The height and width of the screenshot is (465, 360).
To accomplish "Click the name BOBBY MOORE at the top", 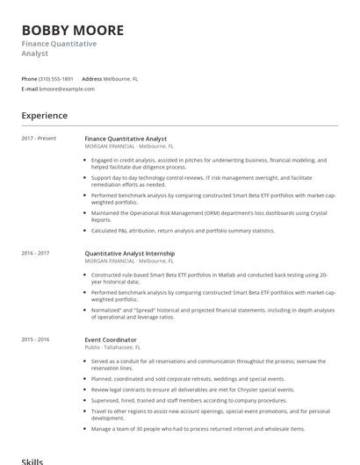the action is coord(73,30).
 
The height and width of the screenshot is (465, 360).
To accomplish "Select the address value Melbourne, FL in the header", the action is coord(120,79).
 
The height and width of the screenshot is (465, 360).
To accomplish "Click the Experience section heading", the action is coord(44,116).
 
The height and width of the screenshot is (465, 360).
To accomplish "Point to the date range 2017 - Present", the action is coord(40,139).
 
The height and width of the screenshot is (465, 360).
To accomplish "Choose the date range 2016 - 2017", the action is coord(35,253).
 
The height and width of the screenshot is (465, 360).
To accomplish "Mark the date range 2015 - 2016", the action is coord(35,340).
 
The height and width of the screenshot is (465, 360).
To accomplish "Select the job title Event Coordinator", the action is coord(111,340).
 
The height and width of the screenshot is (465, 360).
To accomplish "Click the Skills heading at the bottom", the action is coord(32,460).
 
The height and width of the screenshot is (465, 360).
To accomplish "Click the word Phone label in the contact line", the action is coord(29,79).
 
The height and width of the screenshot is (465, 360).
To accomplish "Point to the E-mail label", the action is coord(30,89).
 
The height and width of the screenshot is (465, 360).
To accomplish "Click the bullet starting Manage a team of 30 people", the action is coord(198,429).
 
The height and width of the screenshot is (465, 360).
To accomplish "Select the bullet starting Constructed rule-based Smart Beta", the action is coord(209,277).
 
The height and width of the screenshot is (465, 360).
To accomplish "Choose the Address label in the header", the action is coord(92,79).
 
